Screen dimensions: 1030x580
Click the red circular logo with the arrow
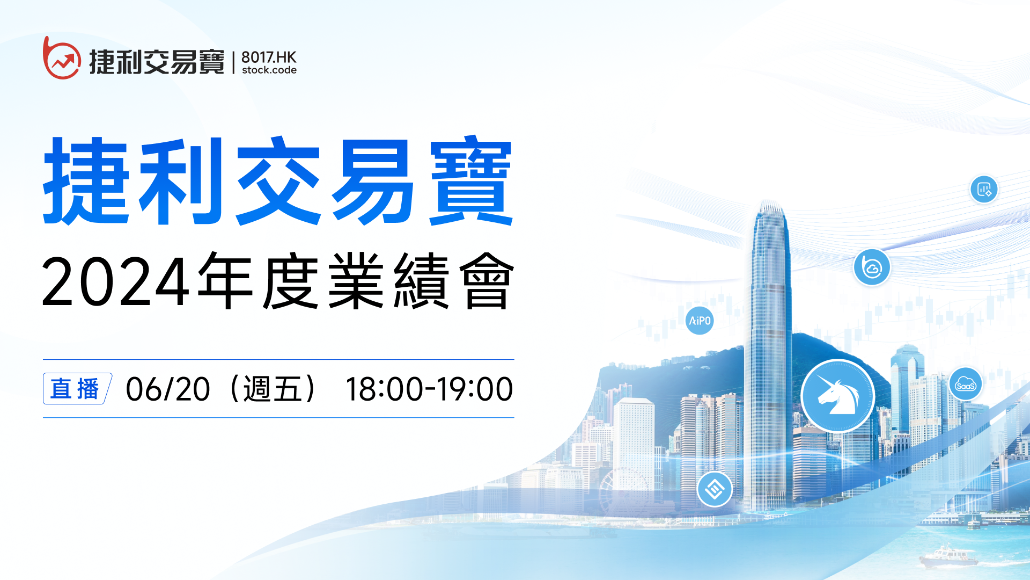coord(62,58)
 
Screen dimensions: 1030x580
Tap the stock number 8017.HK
coord(269,57)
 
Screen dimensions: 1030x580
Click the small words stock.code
coord(269,70)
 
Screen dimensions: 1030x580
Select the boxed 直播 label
coord(77,388)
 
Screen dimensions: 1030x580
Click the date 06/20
coord(168,389)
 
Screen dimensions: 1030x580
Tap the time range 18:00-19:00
coord(429,389)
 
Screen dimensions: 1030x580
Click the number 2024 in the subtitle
coord(116,281)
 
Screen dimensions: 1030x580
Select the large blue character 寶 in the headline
coord(471,181)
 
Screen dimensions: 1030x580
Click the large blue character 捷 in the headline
coord(86,181)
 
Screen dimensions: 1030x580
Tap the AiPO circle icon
coord(700,321)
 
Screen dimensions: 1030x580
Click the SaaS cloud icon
coord(966,385)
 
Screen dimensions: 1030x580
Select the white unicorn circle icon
coord(837,396)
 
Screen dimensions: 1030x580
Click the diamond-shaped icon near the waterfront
coord(715,489)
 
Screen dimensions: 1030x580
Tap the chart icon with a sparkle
coord(984,189)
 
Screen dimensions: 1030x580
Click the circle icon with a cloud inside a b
coord(872,267)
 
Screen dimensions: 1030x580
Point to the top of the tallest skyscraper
coord(770,201)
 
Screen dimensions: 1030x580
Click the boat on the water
coord(948,556)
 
